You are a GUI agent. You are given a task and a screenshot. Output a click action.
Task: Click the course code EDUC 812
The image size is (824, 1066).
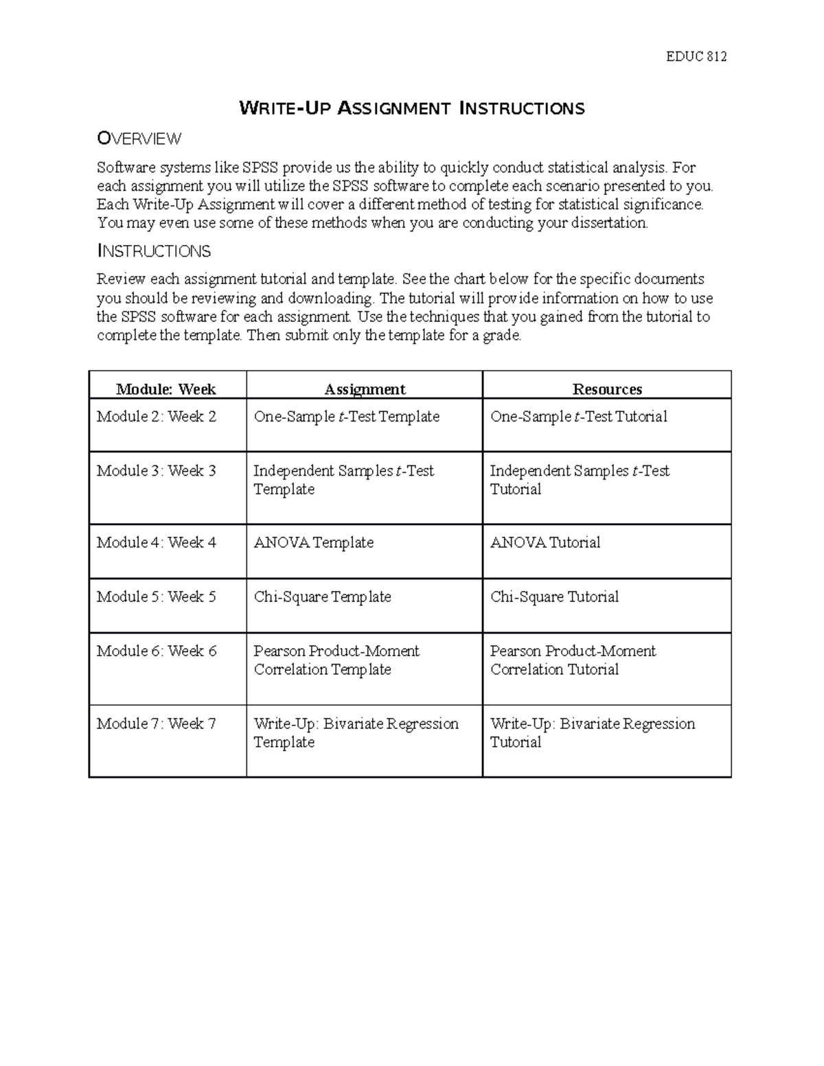coord(696,57)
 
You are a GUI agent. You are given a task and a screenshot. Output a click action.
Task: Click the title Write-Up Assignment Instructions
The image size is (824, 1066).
coord(411,108)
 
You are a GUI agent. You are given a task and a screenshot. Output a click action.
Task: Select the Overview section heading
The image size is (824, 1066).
coord(139,139)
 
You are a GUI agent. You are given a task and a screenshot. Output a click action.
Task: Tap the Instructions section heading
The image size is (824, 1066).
coord(154,251)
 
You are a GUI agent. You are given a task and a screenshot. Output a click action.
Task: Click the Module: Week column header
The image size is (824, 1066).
coord(166,389)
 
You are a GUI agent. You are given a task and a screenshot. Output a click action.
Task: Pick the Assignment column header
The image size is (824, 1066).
coord(365,389)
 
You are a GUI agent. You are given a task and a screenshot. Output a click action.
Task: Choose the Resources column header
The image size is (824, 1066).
coord(607,389)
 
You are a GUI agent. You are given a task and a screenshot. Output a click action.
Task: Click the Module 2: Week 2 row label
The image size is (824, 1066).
coord(157,417)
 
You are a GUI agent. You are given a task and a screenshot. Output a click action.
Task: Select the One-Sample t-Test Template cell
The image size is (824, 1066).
coord(347,417)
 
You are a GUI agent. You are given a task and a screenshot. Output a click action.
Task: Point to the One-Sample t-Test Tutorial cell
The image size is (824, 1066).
coord(579,417)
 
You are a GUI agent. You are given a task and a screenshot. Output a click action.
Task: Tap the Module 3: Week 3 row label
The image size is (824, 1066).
coord(157,471)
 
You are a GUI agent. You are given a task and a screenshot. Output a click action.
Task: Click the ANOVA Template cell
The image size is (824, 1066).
coord(314,543)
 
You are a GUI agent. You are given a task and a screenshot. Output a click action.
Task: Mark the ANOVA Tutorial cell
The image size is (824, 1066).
coord(545,543)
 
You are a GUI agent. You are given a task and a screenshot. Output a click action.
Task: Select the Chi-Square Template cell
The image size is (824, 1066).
coord(323,597)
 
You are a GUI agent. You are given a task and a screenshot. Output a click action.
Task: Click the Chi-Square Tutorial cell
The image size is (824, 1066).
coord(555,597)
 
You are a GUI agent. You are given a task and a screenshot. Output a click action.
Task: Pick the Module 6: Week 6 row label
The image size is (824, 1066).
coord(157,651)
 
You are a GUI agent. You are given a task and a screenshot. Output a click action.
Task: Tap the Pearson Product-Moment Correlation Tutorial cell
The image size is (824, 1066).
coord(573,660)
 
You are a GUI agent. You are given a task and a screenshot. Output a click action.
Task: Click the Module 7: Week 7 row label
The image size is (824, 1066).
coord(157,723)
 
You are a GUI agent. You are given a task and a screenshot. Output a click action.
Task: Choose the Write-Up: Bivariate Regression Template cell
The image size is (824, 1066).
coord(356,733)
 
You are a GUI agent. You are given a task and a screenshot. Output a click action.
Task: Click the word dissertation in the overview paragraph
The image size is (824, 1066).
coord(609,223)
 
